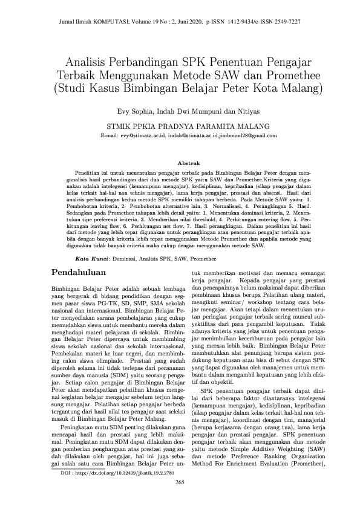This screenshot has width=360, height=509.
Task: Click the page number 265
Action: (x=180, y=482)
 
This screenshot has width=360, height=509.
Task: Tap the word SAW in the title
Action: (x=240, y=76)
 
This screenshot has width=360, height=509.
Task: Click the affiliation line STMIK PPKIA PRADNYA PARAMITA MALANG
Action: (x=180, y=126)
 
